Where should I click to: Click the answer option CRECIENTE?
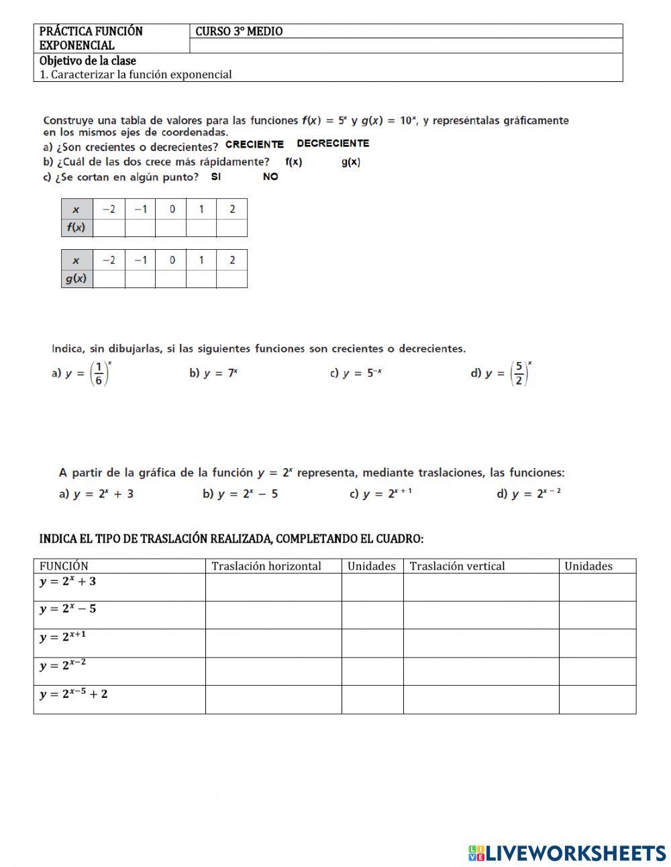click(x=254, y=144)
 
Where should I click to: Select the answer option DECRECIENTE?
click(x=333, y=144)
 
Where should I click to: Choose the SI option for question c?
click(x=215, y=177)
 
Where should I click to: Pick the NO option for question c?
click(x=270, y=177)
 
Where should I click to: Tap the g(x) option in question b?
click(x=350, y=162)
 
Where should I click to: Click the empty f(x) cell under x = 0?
click(x=171, y=228)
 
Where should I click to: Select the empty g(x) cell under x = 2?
click(x=231, y=279)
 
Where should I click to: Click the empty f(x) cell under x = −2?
click(x=109, y=228)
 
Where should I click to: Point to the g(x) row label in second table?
click(x=76, y=279)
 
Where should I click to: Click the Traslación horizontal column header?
click(x=266, y=566)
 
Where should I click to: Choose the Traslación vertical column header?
click(x=457, y=566)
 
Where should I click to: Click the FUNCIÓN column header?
click(x=64, y=566)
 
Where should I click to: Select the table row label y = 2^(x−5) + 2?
click(x=74, y=694)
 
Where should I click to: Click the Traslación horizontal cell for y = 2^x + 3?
click(x=273, y=587)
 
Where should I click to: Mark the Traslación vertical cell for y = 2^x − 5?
click(x=480, y=614)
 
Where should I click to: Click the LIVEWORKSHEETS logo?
click(x=567, y=853)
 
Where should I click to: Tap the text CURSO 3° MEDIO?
click(x=239, y=32)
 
